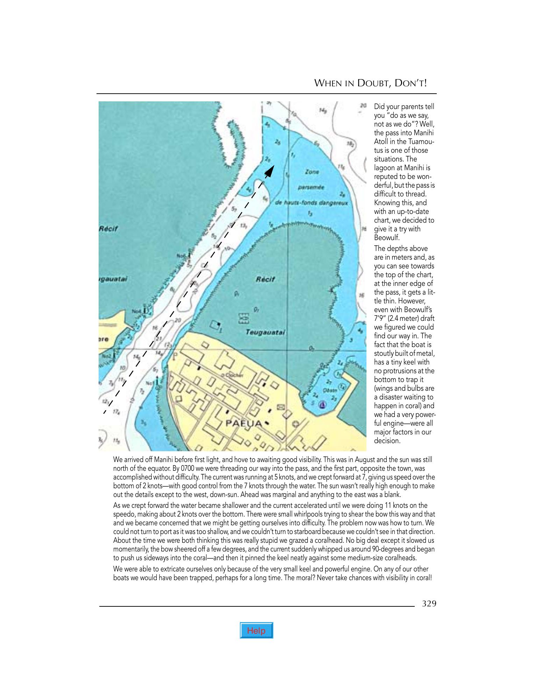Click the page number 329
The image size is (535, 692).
click(429, 604)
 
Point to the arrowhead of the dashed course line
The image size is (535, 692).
click(269, 171)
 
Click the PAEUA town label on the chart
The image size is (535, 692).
click(243, 423)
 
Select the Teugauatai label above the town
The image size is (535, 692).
click(265, 332)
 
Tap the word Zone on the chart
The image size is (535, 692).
click(312, 172)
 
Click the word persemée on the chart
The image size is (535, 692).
click(311, 187)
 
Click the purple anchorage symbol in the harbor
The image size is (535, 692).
click(323, 405)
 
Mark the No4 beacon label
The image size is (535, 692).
click(137, 310)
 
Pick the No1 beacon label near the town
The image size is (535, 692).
click(150, 383)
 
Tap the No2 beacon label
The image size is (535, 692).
click(106, 356)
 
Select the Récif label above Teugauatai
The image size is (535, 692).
click(265, 279)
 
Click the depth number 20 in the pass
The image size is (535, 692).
click(178, 320)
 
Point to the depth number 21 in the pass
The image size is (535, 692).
click(159, 338)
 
